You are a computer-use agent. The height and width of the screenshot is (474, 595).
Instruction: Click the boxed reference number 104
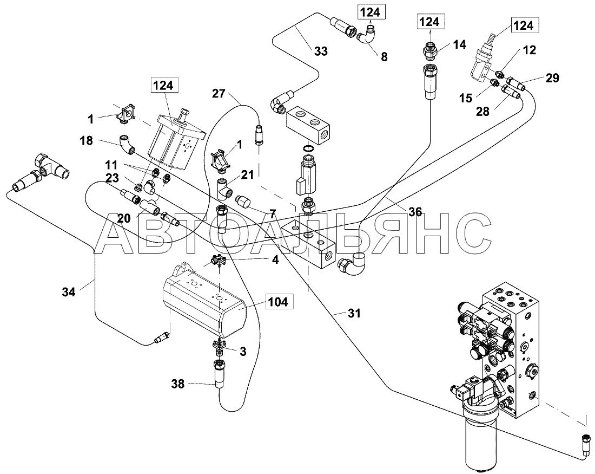[x=279, y=302]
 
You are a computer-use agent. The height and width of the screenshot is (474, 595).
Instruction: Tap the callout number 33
[x=321, y=51]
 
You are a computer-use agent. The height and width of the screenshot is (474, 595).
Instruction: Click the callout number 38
[x=178, y=385]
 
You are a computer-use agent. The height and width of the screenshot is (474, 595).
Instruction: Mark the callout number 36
[x=415, y=212]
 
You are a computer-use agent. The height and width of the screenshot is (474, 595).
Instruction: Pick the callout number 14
[x=459, y=44]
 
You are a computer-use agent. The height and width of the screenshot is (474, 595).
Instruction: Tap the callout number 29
[x=552, y=78]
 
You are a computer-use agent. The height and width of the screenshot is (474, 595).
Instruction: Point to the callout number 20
[x=124, y=218]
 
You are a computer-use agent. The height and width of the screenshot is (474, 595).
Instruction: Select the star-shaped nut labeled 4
[x=218, y=262]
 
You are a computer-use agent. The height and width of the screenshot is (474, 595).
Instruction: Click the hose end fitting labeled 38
[x=221, y=373]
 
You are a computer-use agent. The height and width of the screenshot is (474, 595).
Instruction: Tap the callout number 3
[x=243, y=352]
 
